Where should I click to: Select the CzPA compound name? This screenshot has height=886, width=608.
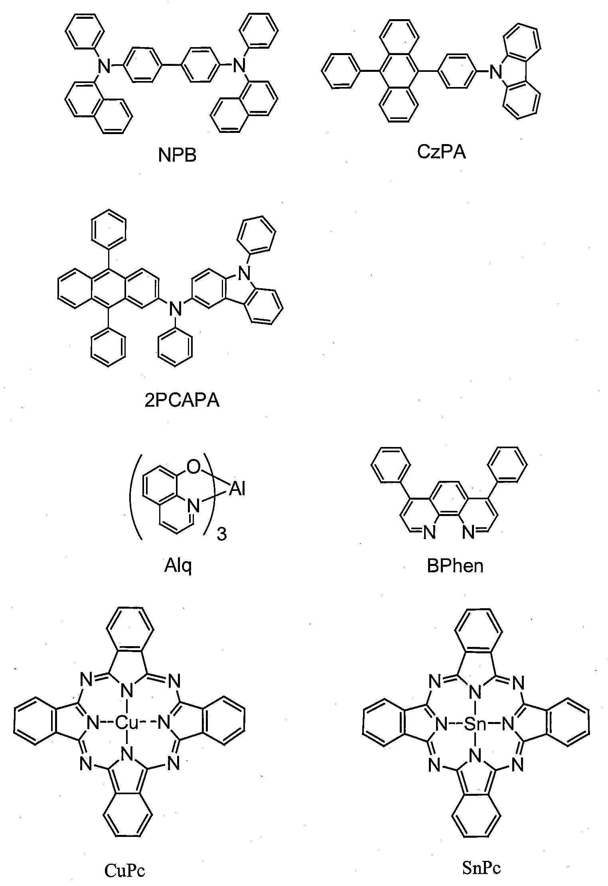click(442, 152)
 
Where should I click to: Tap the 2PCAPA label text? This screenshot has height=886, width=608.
click(182, 400)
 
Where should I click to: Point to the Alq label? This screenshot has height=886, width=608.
click(178, 566)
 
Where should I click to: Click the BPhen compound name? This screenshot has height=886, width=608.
click(455, 566)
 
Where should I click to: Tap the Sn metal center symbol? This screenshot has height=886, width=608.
click(475, 724)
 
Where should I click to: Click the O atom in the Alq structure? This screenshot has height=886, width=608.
click(193, 467)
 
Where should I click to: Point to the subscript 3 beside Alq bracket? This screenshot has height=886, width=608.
click(221, 534)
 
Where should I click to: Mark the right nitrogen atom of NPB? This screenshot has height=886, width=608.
click(238, 65)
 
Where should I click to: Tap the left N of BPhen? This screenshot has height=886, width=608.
click(429, 533)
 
